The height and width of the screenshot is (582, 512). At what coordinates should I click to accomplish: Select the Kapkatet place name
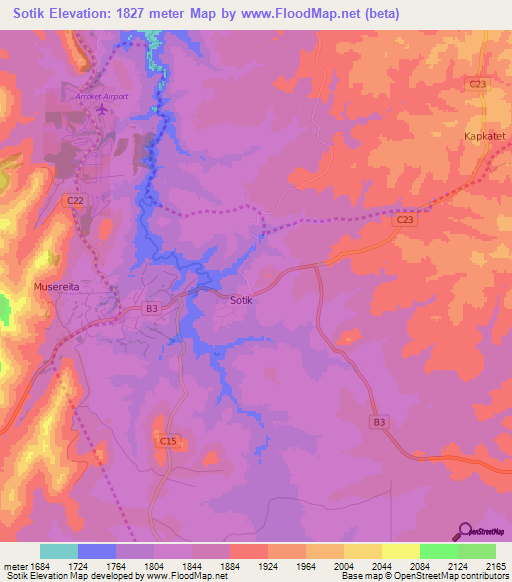click(485, 133)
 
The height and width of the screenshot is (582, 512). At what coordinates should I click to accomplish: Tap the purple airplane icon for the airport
click(100, 110)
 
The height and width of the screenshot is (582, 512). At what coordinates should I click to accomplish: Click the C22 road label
click(75, 200)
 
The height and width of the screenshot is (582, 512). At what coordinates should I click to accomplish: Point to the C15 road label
click(167, 440)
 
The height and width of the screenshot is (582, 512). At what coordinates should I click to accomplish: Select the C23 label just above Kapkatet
click(477, 84)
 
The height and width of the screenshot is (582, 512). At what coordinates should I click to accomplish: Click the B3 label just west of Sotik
click(152, 309)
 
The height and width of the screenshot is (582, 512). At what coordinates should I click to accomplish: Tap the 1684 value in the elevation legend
click(39, 565)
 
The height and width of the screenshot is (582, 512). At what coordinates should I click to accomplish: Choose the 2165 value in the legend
click(496, 565)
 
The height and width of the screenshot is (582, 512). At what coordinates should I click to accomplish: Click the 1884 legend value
click(229, 565)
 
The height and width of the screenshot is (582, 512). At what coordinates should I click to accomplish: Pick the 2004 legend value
click(344, 565)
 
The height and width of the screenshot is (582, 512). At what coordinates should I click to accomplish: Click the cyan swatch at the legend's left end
click(59, 551)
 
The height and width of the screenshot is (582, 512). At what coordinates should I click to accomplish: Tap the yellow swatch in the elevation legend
click(400, 551)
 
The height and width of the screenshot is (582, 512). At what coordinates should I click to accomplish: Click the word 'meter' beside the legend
click(14, 565)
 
